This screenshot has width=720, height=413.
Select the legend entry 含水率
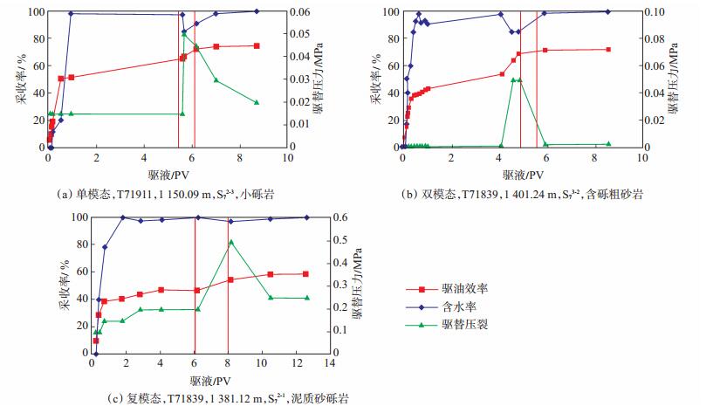(459, 306)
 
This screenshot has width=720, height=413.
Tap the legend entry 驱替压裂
(465, 324)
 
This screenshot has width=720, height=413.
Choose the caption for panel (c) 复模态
(228, 398)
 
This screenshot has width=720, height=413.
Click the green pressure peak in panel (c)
(230, 241)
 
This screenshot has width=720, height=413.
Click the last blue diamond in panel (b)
(608, 11)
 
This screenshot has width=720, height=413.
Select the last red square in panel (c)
(305, 274)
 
